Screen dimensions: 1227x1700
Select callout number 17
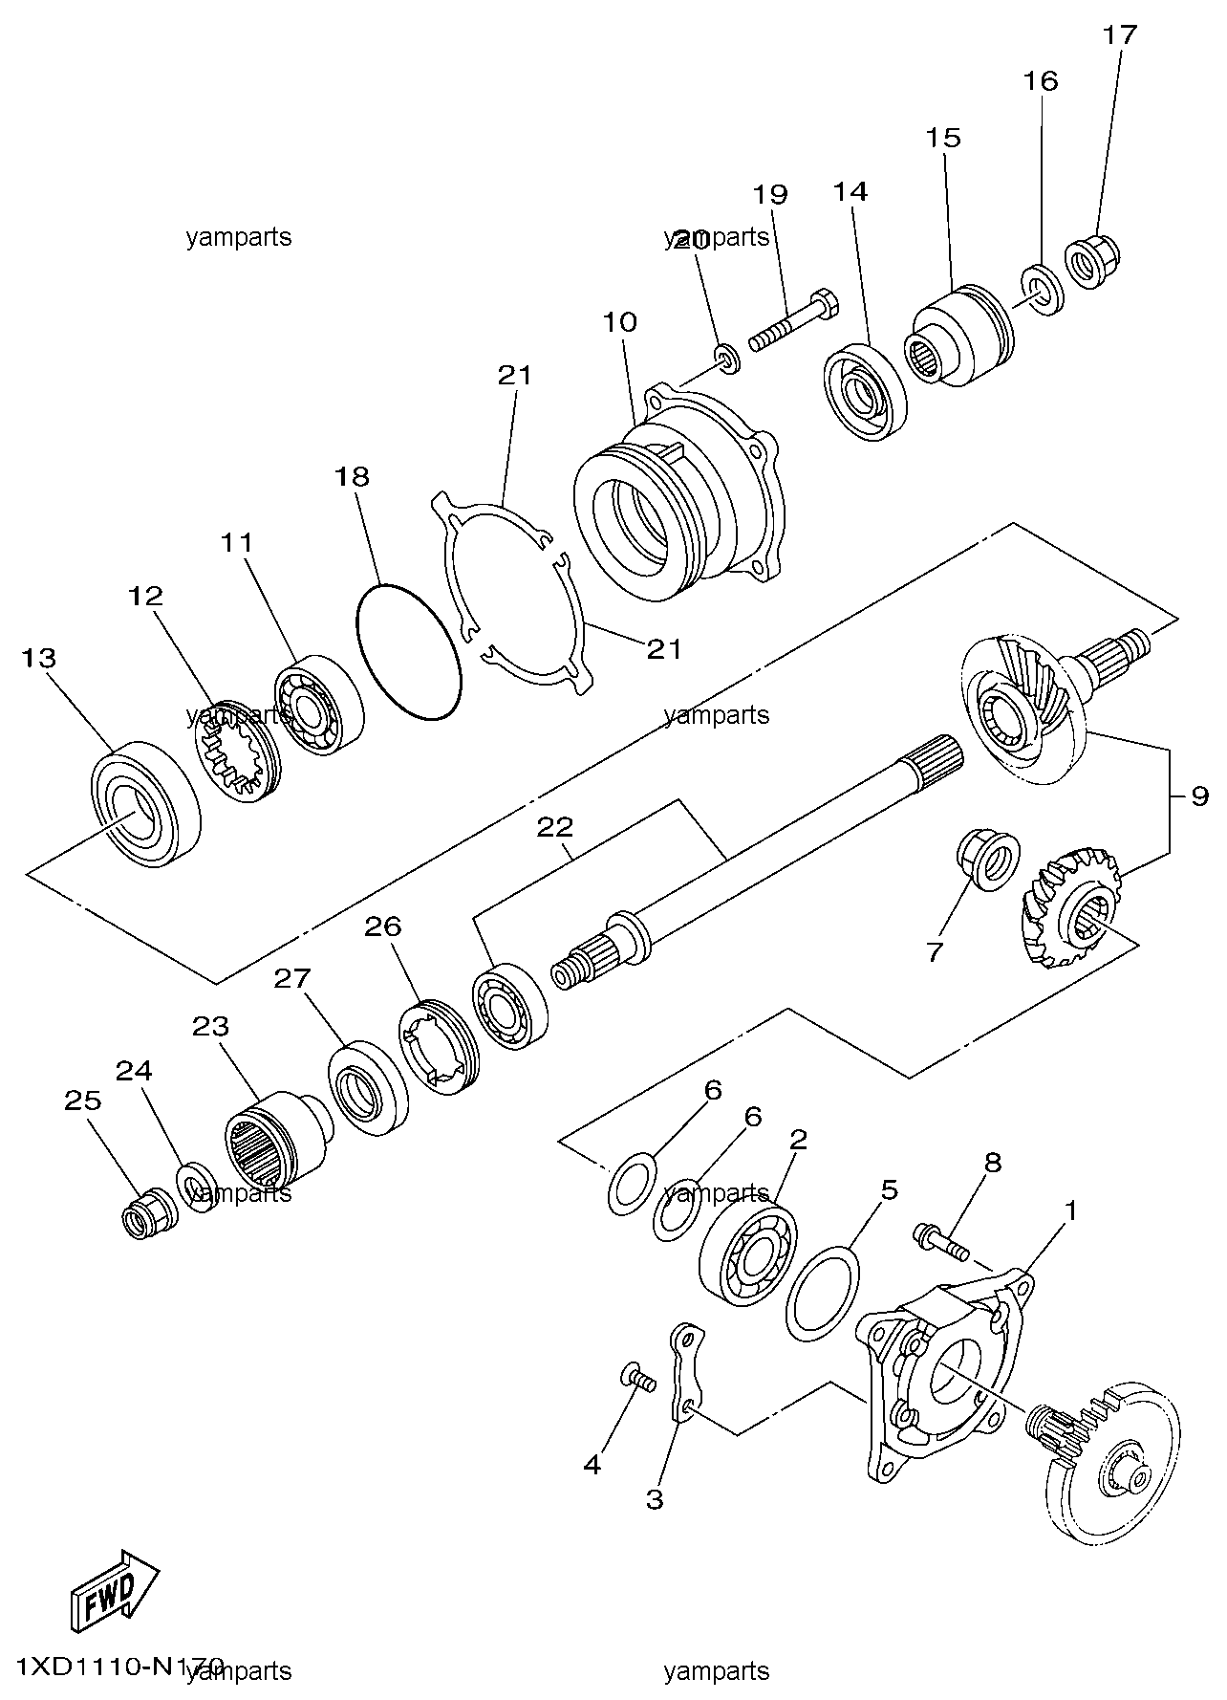(x=1119, y=35)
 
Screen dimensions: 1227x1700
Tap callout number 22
(x=554, y=827)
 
